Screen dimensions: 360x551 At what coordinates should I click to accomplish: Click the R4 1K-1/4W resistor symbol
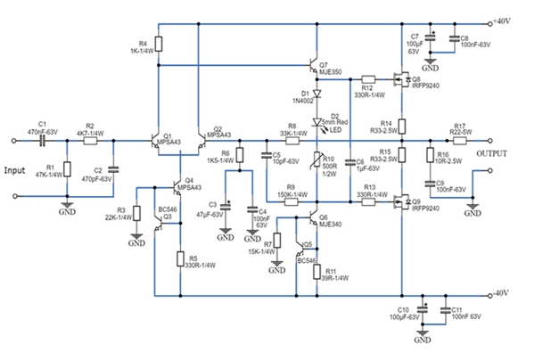click(x=158, y=44)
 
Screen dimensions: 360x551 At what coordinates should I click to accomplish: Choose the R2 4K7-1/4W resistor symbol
click(x=90, y=140)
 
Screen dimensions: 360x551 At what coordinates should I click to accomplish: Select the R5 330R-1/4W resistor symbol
click(x=179, y=259)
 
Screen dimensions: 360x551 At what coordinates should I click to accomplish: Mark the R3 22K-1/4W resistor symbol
click(x=136, y=214)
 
